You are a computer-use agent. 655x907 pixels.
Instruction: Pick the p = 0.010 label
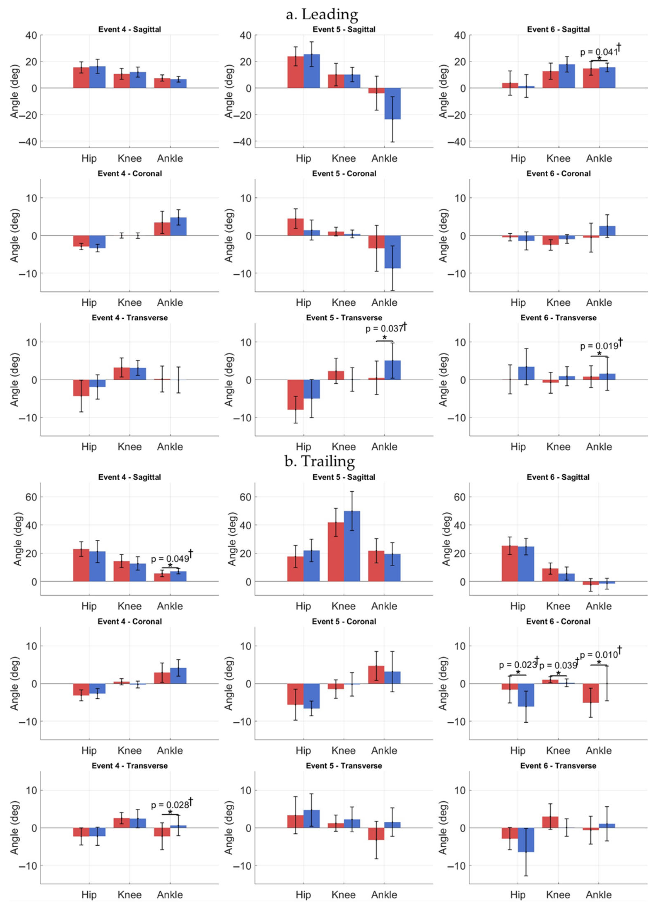coord(599,655)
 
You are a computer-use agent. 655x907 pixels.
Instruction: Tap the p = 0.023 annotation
coord(518,665)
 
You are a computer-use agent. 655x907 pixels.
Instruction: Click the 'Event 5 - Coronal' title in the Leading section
coord(344,174)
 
